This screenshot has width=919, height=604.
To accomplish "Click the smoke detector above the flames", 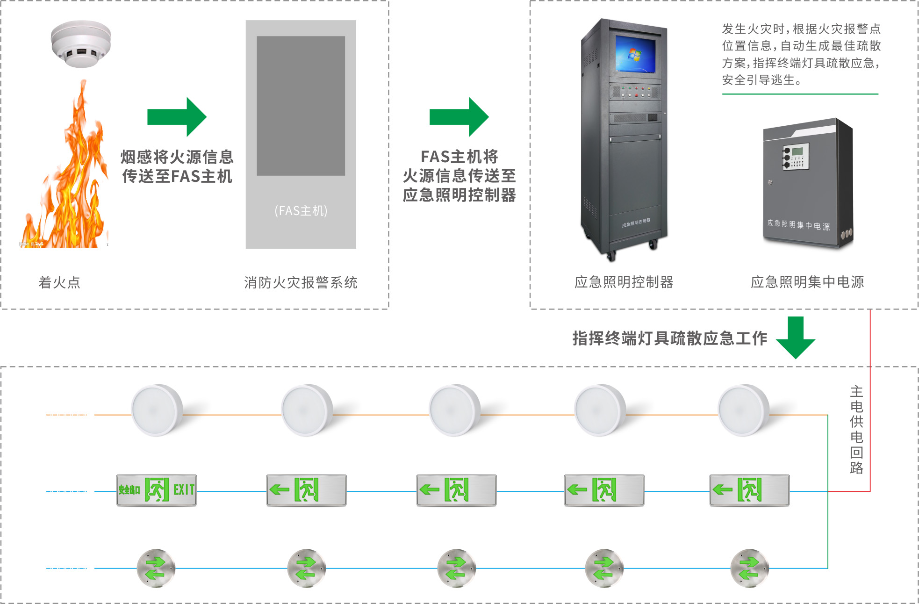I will pos(81,43).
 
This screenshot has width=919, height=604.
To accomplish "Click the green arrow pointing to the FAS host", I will pos(177,117).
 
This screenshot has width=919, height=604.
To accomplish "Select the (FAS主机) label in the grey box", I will pos(301,211).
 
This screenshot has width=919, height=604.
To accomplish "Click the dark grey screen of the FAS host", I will pos(301,106).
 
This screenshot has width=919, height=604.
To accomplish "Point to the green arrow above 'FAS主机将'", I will pos(459,117).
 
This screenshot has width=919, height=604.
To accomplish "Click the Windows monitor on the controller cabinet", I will pos(635,54).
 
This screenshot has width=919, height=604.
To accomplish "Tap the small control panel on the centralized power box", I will pos(796,156).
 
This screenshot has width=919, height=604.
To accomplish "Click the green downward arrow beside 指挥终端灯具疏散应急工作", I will pos(796,338).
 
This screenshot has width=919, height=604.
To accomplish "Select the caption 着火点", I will pos(59,282).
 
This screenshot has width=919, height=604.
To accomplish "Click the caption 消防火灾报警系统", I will pos(301,282).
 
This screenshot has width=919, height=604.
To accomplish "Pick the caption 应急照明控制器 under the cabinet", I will pos(624,282).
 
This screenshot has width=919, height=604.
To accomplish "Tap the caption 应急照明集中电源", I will pos(807,282).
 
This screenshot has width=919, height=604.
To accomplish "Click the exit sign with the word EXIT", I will pos(157,490).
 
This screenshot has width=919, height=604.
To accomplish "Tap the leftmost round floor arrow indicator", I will pos(156,568).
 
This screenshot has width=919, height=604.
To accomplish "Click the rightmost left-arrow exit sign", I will pos(749,490).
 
